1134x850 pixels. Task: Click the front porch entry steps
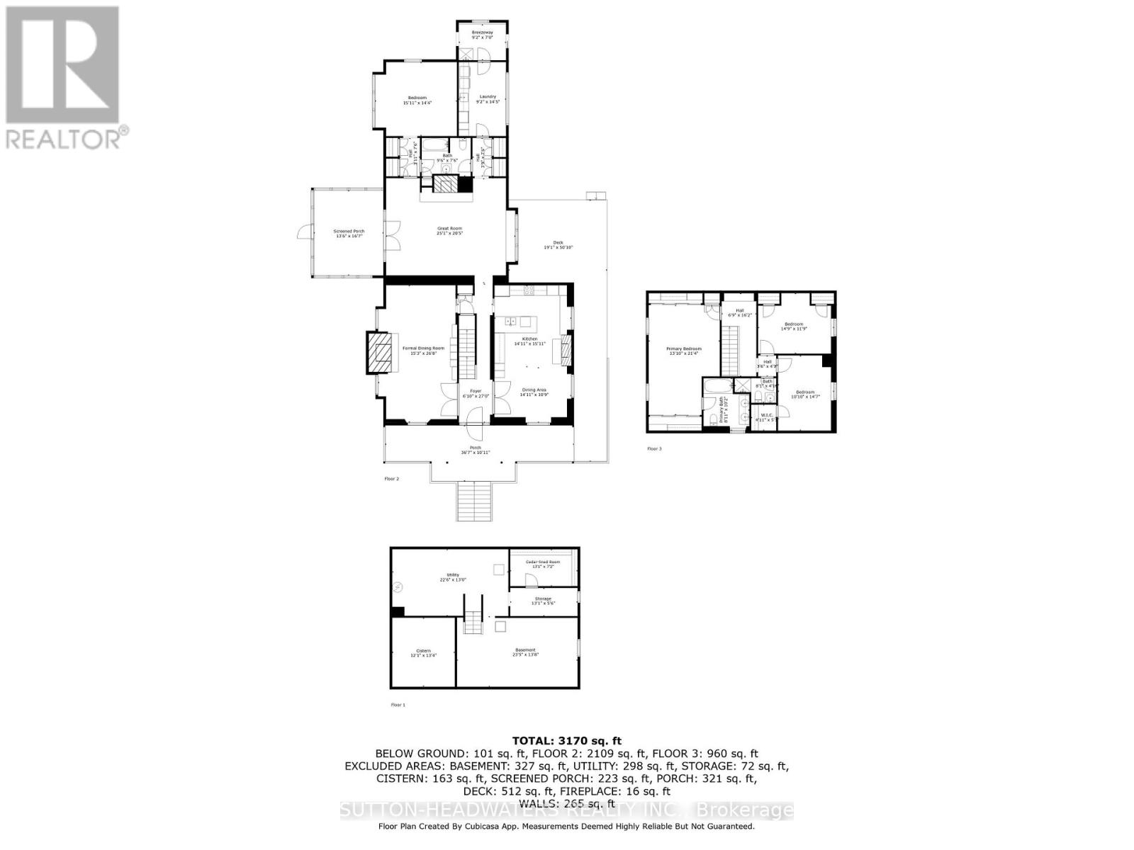[x=473, y=501]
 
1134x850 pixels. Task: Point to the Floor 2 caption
[x=392, y=479]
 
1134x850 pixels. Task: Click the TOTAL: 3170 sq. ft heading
[x=567, y=741]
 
